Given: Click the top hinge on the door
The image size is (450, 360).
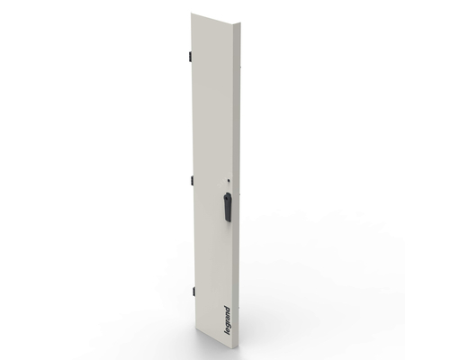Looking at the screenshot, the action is [x=191, y=56].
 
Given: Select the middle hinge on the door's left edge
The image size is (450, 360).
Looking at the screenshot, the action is [x=192, y=180].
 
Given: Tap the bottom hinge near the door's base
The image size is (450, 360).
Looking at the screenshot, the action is [x=193, y=291].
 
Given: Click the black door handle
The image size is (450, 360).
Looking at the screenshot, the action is [x=228, y=207].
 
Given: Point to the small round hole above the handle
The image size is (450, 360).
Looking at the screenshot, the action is [x=229, y=181].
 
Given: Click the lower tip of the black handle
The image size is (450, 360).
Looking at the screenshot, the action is [x=229, y=220].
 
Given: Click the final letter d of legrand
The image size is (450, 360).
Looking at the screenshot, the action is [x=227, y=309].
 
